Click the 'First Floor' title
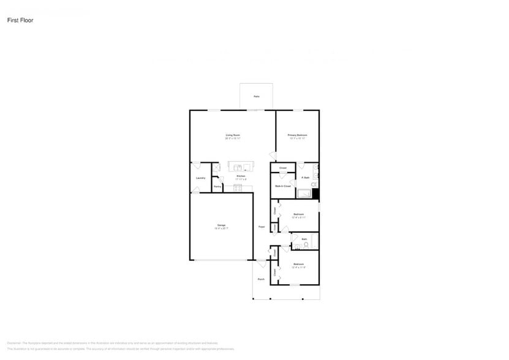click(20, 20)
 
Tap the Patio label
click(256, 97)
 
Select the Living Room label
click(233, 135)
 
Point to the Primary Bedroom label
click(298, 135)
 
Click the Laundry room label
click(200, 178)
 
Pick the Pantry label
click(217, 186)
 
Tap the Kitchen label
click(241, 176)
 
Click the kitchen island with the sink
click(241, 167)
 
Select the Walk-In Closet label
click(282, 186)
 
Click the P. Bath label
click(305, 178)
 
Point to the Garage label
click(221, 225)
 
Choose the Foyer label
click(262, 227)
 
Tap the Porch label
click(261, 279)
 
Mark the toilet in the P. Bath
click(314, 184)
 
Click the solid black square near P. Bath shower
click(316, 195)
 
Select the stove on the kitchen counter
click(238, 187)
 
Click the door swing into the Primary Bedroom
click(273, 157)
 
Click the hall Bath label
click(304, 239)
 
